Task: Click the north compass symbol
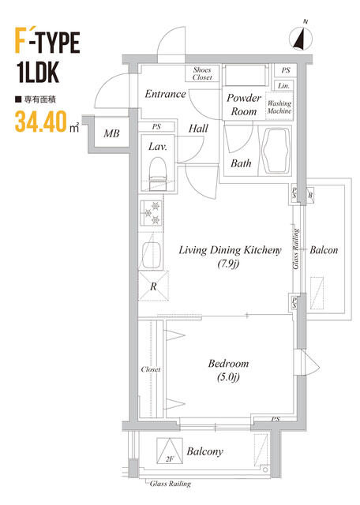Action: click(301, 39)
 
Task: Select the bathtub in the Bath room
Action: click(275, 151)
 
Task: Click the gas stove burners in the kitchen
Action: click(151, 212)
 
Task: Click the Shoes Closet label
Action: click(202, 73)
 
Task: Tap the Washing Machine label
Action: click(279, 107)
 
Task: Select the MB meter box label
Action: click(111, 133)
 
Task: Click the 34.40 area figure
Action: click(41, 122)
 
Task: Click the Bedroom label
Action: click(228, 364)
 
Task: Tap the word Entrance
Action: click(165, 94)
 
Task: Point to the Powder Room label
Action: click(244, 104)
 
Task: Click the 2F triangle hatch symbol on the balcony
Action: click(170, 451)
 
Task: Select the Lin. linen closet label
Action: click(283, 86)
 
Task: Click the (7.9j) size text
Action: click(228, 264)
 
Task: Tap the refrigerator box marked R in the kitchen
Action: click(153, 286)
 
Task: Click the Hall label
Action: click(198, 129)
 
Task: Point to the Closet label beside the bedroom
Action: click(151, 369)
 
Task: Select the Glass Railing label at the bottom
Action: click(171, 484)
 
